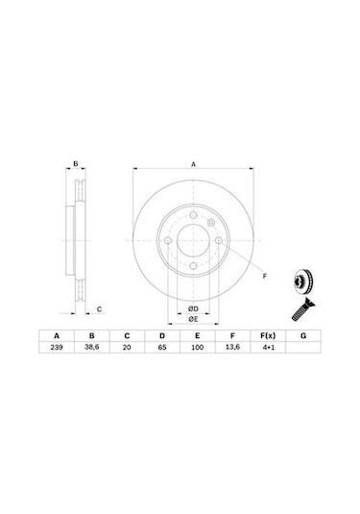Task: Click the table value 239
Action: click(57, 347)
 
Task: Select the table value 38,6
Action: click(92, 347)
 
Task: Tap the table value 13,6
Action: click(232, 347)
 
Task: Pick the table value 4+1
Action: click(268, 347)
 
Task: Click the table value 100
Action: click(197, 347)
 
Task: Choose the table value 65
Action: click(162, 347)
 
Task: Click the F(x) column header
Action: click(268, 335)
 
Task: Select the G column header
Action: click(303, 335)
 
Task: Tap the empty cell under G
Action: click(303, 347)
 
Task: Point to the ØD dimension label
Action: click(193, 308)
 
